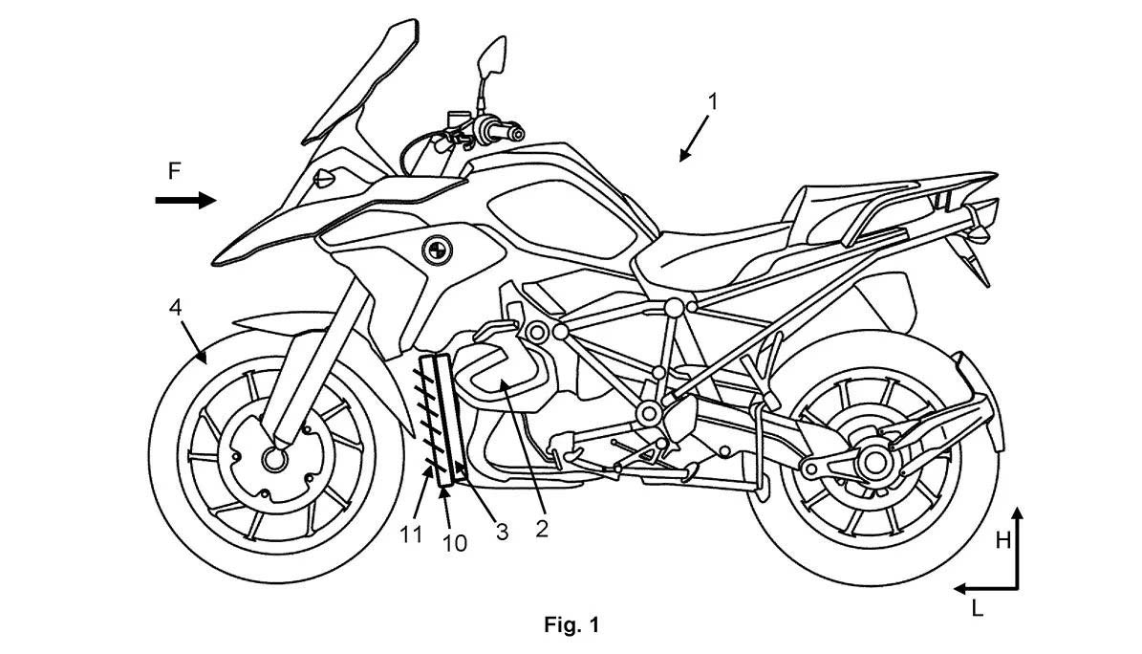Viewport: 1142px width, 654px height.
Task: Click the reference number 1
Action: [x=713, y=102]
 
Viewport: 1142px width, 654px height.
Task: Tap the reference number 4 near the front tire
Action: [x=175, y=307]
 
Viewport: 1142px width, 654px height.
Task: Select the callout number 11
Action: [x=411, y=535]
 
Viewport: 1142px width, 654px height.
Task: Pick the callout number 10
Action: [x=454, y=543]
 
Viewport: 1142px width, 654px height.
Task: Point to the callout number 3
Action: [x=502, y=533]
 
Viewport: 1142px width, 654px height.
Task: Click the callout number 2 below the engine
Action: [x=541, y=528]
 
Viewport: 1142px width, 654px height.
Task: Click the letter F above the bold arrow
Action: [x=174, y=171]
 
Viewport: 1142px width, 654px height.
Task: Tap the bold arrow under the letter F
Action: [x=185, y=200]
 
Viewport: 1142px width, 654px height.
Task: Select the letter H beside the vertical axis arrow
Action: [x=1002, y=540]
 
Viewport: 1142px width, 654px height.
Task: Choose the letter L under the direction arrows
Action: [x=977, y=607]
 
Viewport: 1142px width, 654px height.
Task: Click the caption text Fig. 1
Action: [x=571, y=624]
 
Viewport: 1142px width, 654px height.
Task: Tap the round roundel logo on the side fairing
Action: [x=437, y=251]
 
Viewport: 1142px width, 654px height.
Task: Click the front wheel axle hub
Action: [x=275, y=459]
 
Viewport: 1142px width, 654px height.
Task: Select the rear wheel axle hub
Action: [x=873, y=462]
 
